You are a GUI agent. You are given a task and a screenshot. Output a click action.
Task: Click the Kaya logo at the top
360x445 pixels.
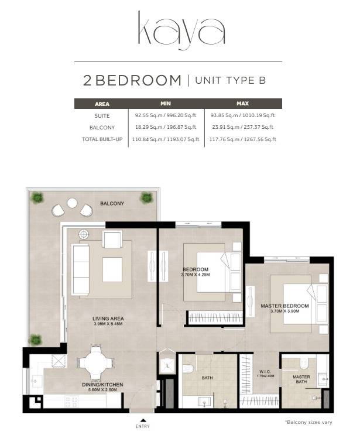[x=181, y=30]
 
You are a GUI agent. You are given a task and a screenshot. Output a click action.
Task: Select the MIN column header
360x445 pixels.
[x=166, y=104]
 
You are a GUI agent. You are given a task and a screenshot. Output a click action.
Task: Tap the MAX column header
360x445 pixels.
[x=242, y=104]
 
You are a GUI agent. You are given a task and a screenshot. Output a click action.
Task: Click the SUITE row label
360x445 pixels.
[x=102, y=116]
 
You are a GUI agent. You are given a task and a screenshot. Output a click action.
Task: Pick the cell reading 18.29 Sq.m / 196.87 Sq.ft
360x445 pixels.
[x=166, y=127]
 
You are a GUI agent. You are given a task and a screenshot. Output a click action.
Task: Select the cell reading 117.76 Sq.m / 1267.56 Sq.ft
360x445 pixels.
[x=242, y=139]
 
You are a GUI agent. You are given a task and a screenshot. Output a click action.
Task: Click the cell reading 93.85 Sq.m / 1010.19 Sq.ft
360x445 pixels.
[x=242, y=115]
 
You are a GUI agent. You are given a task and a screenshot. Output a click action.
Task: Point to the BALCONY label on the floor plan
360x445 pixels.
[x=112, y=204]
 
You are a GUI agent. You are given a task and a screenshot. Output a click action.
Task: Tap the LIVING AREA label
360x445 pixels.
[x=108, y=319]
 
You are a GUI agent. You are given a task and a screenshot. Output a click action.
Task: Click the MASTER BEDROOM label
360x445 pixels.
[x=284, y=306]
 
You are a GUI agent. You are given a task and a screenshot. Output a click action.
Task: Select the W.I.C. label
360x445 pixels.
[x=265, y=371]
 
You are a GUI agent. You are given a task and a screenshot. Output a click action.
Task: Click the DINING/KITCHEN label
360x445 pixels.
[x=102, y=385]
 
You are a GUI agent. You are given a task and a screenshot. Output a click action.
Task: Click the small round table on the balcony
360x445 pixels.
[x=72, y=203]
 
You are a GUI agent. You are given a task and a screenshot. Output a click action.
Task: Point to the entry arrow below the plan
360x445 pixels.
[x=143, y=420]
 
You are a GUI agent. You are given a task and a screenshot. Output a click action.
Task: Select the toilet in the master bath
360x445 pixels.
[x=304, y=363]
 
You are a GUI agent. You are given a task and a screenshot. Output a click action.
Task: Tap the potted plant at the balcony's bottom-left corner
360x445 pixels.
[x=36, y=340]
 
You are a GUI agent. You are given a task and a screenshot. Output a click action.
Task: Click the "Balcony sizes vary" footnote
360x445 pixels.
[x=308, y=422]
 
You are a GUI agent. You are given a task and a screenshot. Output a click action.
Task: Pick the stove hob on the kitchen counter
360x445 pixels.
[x=71, y=401]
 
